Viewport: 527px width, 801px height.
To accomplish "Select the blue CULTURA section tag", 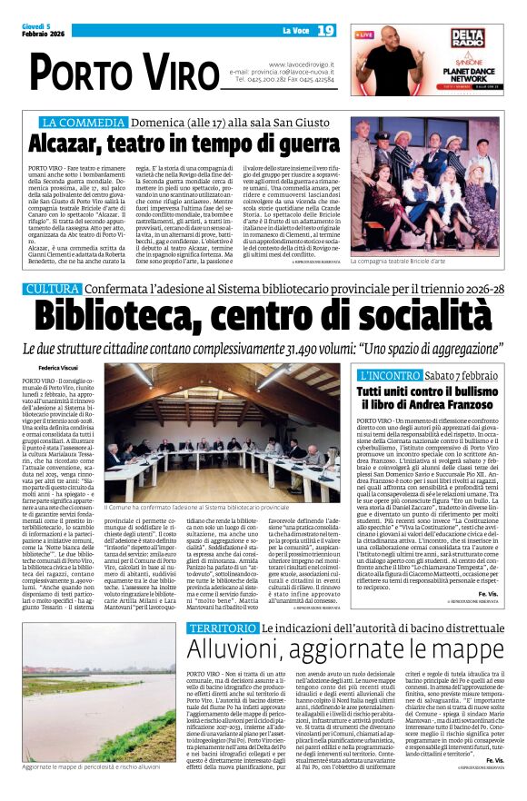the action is click(53, 289).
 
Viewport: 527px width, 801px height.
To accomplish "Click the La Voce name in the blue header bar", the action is click(296, 30).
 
